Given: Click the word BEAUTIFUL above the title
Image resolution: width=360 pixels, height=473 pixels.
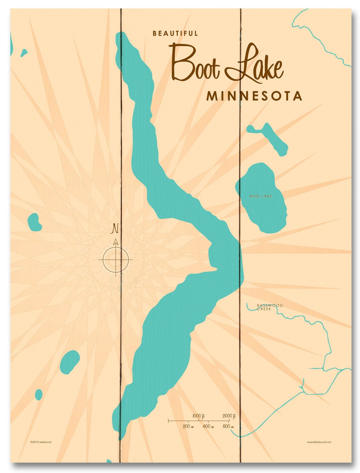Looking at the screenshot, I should click(175, 33).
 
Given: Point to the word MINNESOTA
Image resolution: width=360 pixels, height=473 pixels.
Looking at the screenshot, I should click(254, 96).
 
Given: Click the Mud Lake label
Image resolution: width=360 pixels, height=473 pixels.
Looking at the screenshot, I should click(261, 196).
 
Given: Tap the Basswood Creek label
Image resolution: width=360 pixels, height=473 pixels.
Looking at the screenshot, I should click(269, 307).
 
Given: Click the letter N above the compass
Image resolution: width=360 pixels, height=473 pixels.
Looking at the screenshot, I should click(115, 228).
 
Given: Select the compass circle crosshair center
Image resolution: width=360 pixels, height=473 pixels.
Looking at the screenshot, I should click(116, 259).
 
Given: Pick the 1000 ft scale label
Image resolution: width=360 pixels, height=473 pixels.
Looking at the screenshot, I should click(198, 416).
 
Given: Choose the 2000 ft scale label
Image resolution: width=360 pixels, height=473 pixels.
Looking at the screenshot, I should click(229, 416).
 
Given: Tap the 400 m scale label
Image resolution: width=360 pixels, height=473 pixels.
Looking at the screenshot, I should click(208, 426).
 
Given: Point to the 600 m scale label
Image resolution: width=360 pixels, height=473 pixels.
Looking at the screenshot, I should click(228, 426).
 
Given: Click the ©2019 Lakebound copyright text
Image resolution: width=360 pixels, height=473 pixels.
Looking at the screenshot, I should click(41, 442).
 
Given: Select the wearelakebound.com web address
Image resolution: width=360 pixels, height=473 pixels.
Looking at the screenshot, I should click(319, 442).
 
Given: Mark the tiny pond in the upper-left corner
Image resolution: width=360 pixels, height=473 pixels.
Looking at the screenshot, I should click(24, 53).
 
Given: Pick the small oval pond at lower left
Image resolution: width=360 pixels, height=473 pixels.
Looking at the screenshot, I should click(70, 362).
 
